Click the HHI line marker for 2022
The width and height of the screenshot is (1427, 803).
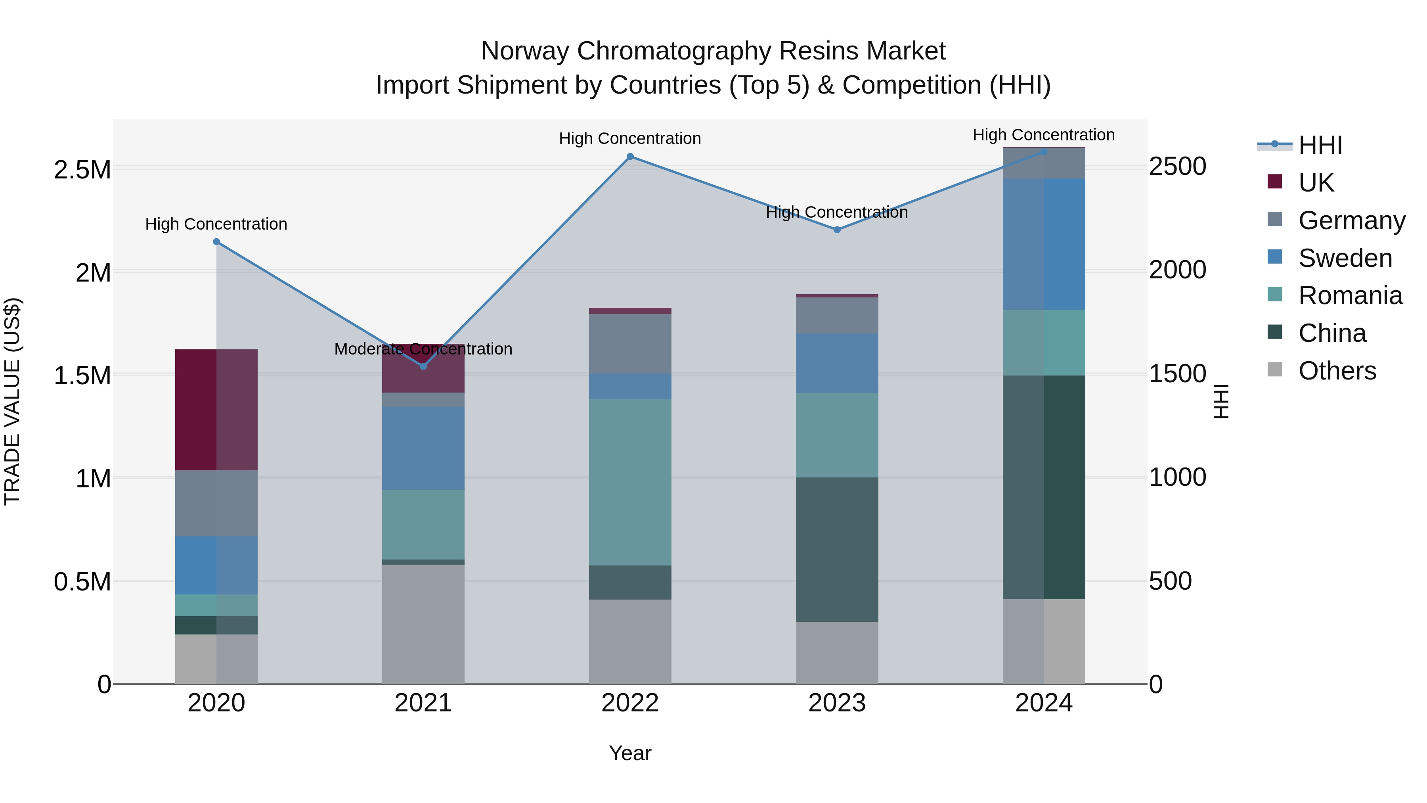click(630, 157)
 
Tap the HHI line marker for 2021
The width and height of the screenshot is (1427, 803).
click(423, 366)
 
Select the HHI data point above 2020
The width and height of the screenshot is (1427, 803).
click(216, 241)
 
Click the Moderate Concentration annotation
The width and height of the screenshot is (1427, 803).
click(423, 349)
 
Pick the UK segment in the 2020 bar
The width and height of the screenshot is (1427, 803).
click(216, 410)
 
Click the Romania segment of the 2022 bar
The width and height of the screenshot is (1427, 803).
click(630, 482)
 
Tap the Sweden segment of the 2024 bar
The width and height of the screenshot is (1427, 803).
click(1044, 244)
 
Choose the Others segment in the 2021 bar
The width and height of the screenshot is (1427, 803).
click(423, 624)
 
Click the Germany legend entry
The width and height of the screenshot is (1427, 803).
click(1351, 220)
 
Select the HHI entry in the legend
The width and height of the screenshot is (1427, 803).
click(1320, 145)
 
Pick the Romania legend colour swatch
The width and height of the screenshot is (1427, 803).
click(1275, 294)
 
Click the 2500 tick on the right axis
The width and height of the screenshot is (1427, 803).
click(1177, 166)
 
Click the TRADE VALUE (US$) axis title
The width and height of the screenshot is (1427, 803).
click(13, 401)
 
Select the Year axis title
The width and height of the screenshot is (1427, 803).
click(630, 753)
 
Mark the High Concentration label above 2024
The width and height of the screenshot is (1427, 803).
click(1044, 135)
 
